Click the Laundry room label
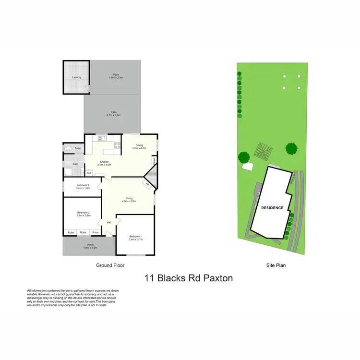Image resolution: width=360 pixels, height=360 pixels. coord(76,77)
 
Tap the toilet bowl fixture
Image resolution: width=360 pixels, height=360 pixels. coord(68,148)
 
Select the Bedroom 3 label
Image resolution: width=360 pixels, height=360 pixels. coord(83,185)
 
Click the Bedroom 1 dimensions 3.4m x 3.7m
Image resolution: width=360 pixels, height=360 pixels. coord(136,239)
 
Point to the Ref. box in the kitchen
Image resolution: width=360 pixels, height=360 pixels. coord(89,173)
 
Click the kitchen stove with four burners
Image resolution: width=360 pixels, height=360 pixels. coord(117,145)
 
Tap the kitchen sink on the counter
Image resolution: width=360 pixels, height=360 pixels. coord(102,138)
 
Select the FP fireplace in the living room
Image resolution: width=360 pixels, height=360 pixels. coord(147,184)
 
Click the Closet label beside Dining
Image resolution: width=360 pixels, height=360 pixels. coord(154,162)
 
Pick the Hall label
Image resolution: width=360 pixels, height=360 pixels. coord(109,223)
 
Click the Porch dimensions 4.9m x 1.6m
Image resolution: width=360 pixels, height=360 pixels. coord(90,248)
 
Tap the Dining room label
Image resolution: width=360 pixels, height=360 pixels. coord(140,145)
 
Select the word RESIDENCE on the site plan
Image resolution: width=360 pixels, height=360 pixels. coord(272,208)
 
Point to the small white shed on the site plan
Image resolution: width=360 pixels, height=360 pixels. coord(248,167)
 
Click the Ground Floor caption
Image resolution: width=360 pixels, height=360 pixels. coord(111,265)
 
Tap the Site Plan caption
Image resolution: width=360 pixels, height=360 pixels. coord(276,265)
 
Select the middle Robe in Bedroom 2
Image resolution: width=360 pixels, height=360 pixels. coord(83,232)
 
